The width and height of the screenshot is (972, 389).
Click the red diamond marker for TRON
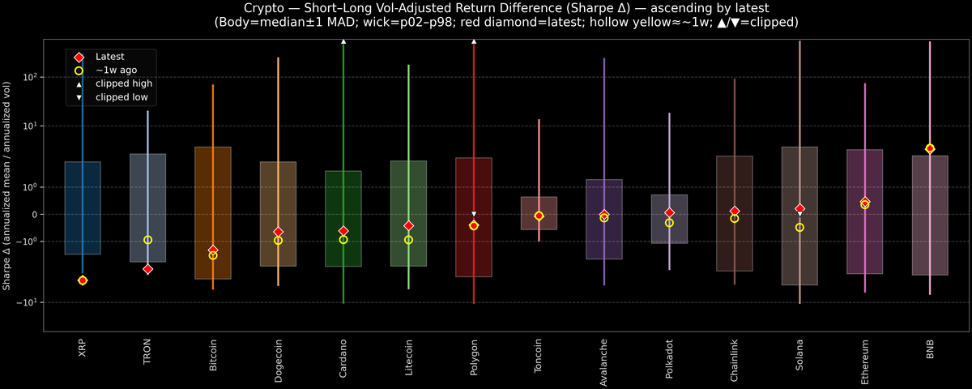click(147, 269)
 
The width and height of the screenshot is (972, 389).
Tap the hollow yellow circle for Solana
click(799, 228)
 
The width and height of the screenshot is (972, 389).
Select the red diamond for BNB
click(930, 148)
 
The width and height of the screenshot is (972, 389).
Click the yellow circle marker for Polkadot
click(669, 223)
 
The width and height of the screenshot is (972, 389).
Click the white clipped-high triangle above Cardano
click(343, 41)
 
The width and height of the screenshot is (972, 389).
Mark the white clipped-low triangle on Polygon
click(474, 214)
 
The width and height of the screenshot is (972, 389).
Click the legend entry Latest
click(110, 57)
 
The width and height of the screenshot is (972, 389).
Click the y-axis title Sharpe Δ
click(7, 186)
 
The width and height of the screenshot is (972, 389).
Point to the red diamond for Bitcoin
click(213, 250)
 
